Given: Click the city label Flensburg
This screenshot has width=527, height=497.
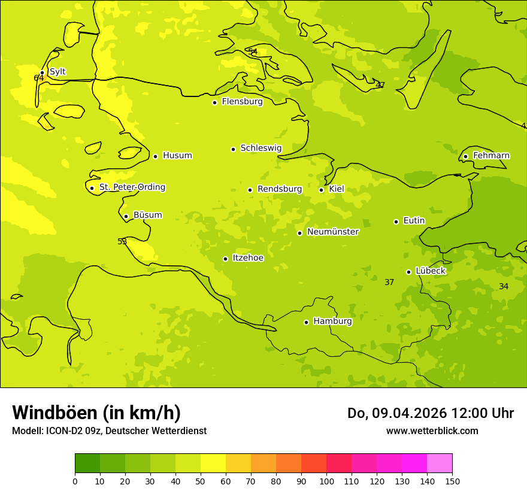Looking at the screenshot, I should [242, 102].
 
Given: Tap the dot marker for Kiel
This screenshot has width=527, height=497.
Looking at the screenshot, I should [321, 190].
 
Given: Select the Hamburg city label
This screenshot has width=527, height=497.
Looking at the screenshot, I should [332, 322].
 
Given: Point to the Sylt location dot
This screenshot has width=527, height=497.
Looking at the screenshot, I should [42, 72].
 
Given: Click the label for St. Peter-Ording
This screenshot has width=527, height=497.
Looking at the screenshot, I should [132, 187].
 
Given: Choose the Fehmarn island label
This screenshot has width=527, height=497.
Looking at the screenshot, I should [491, 156].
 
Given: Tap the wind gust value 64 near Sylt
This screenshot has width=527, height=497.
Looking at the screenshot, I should [38, 78].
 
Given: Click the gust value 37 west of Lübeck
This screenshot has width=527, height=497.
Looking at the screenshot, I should [389, 282].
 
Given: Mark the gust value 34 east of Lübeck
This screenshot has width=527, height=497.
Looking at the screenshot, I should [504, 287].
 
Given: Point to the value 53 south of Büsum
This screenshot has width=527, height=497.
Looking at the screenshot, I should [122, 241].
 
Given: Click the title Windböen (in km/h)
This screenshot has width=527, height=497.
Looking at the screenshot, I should [96, 413].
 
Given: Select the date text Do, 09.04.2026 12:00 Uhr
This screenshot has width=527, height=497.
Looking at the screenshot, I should [430, 413].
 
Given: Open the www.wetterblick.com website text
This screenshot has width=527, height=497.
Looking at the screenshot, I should [432, 431].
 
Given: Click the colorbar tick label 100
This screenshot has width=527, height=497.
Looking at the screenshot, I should [326, 481].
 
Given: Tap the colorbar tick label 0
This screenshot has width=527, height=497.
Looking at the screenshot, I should [75, 481].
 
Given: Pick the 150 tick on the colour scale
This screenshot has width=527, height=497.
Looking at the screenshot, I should [452, 481].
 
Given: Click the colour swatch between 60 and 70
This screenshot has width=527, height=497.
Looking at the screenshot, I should [238, 463].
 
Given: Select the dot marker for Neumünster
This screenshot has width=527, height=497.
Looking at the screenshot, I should [299, 233].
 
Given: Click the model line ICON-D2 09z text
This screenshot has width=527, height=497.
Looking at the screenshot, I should [109, 431].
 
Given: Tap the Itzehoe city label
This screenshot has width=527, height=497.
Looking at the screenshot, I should [248, 258].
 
